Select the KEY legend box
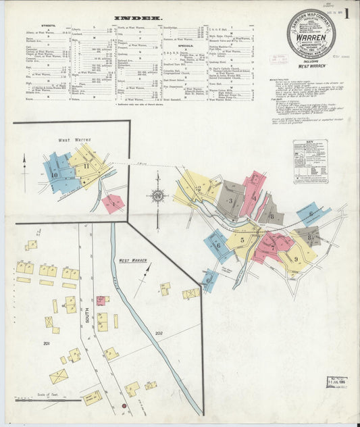coord(309,161)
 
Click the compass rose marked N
coord(157,196)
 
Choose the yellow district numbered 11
coord(87,166)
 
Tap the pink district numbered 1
coord(114,202)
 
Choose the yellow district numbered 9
coord(297,258)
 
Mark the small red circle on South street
coord(124,406)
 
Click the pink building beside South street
coord(101,300)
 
